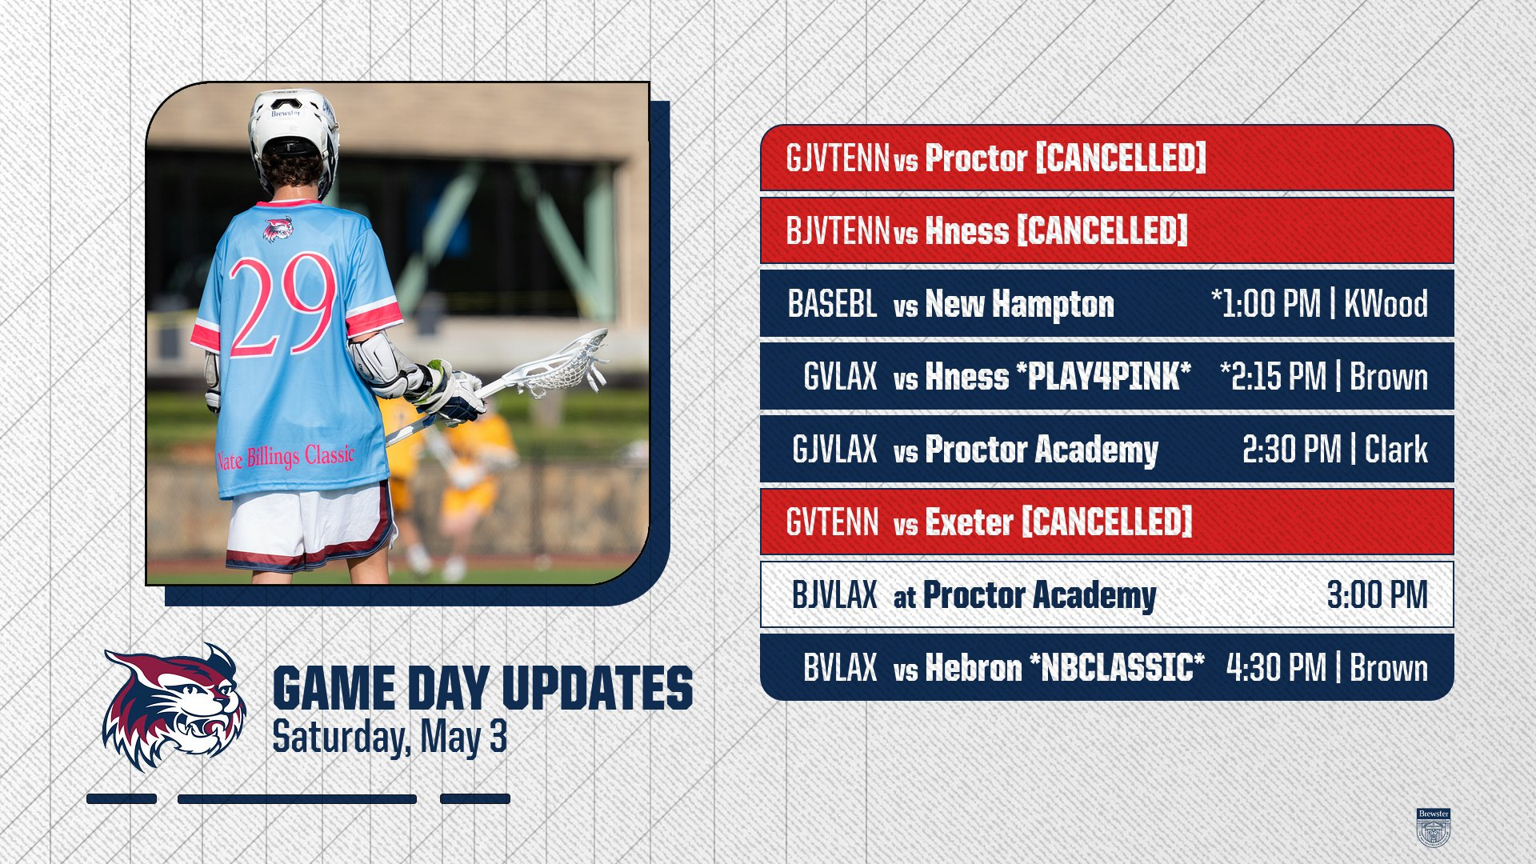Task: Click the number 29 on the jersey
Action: pyautogui.click(x=283, y=304)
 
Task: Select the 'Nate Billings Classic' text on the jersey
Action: pyautogui.click(x=286, y=457)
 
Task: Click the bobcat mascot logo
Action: pyautogui.click(x=174, y=706)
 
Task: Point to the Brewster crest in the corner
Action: pyautogui.click(x=1433, y=827)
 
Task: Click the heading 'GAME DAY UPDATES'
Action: pyautogui.click(x=482, y=688)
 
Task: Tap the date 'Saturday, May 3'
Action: pyautogui.click(x=390, y=738)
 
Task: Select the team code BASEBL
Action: pyautogui.click(x=832, y=304)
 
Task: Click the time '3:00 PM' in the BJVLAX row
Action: pyautogui.click(x=1377, y=595)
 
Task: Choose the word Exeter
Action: pyautogui.click(x=969, y=522)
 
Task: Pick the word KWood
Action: pyautogui.click(x=1386, y=304)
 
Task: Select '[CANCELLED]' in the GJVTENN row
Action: pyautogui.click(x=1121, y=158)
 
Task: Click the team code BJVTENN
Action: pyautogui.click(x=838, y=231)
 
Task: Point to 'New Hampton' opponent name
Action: pyautogui.click(x=1019, y=304)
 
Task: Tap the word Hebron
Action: pyautogui.click(x=973, y=668)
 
